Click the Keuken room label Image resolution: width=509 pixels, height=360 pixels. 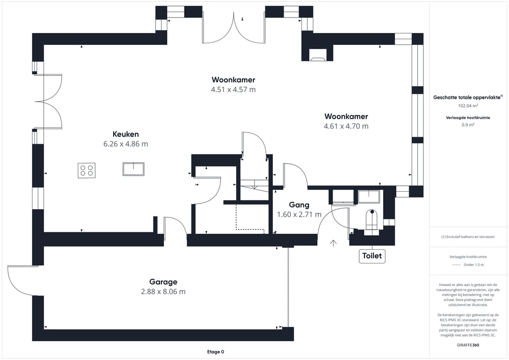point(126,134)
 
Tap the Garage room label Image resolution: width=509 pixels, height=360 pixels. point(163,282)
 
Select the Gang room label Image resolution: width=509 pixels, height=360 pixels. point(299,205)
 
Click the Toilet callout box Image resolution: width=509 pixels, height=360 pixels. point(372,256)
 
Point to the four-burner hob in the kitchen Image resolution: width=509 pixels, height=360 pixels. point(87,171)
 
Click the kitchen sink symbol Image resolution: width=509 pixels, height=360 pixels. point(133,169)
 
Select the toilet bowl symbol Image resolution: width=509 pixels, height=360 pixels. point(372,219)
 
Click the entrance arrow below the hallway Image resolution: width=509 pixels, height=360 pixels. point(333,243)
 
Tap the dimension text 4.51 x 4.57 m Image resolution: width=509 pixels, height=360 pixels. point(233,90)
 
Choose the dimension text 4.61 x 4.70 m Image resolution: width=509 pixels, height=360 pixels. point(346,126)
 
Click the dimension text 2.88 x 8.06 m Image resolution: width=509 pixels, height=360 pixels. point(163,292)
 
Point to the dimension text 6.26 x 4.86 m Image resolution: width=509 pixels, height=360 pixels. point(126,144)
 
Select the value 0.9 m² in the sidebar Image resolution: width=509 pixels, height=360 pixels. point(468,125)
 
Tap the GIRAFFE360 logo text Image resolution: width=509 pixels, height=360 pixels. point(468,345)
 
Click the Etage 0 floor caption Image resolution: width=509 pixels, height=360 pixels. point(215,352)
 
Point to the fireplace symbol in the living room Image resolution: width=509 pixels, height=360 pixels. point(318,55)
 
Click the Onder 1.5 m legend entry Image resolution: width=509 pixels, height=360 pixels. point(474,264)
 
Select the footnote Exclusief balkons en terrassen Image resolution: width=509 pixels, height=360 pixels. point(468,237)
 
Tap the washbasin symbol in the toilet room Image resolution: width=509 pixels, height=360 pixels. point(369,196)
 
